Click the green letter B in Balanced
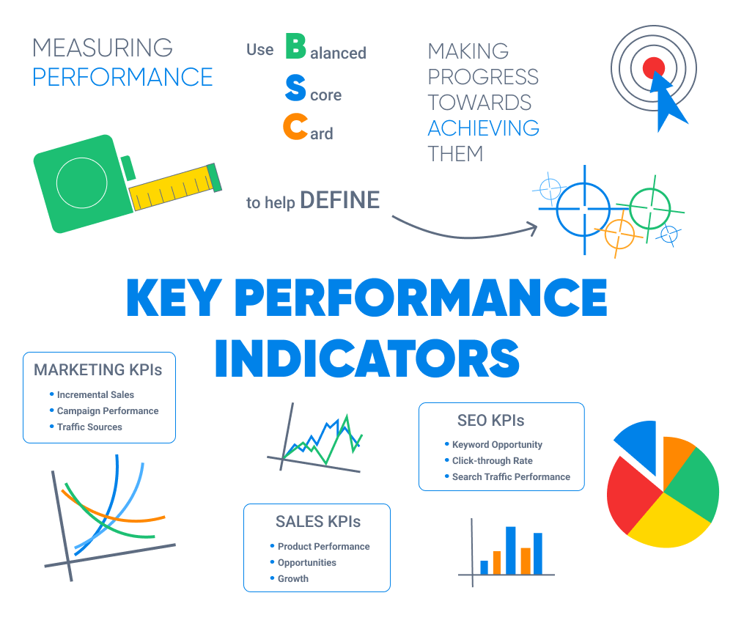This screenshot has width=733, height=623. click(x=295, y=45)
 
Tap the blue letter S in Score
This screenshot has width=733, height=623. click(x=295, y=88)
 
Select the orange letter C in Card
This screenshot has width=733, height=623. click(x=295, y=126)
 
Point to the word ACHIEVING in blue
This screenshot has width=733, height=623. click(x=483, y=128)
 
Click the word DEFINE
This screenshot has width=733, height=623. click(x=340, y=200)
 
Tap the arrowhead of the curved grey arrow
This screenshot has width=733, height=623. click(x=533, y=228)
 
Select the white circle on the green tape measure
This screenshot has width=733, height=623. click(x=82, y=183)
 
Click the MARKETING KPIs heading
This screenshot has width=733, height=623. click(x=97, y=369)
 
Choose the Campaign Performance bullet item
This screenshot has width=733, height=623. click(x=108, y=411)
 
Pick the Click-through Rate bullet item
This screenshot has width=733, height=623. click(x=493, y=461)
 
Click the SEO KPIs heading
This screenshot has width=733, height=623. click(x=491, y=420)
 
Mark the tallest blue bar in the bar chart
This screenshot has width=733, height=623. click(x=510, y=550)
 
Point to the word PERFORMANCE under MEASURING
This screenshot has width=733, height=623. click(x=122, y=77)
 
